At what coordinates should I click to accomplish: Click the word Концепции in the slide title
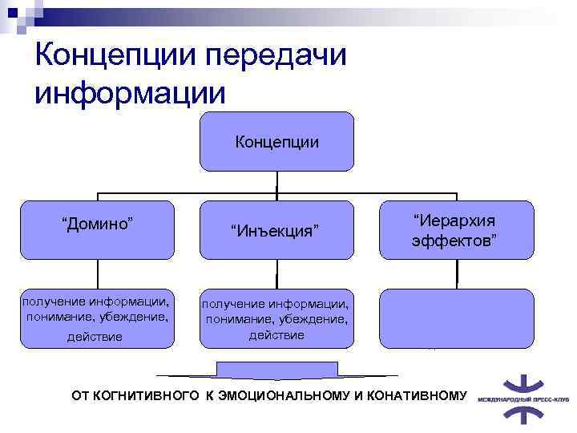[113, 56]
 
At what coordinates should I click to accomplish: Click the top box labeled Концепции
[276, 142]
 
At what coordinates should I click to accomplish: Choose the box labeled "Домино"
[97, 229]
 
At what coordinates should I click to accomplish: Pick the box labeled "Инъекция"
[276, 230]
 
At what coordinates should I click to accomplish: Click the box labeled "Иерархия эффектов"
[456, 229]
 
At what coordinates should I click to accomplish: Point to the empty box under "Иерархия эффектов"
[456, 318]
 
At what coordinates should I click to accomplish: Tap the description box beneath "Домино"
[97, 318]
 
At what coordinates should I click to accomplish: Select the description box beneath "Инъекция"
[276, 318]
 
